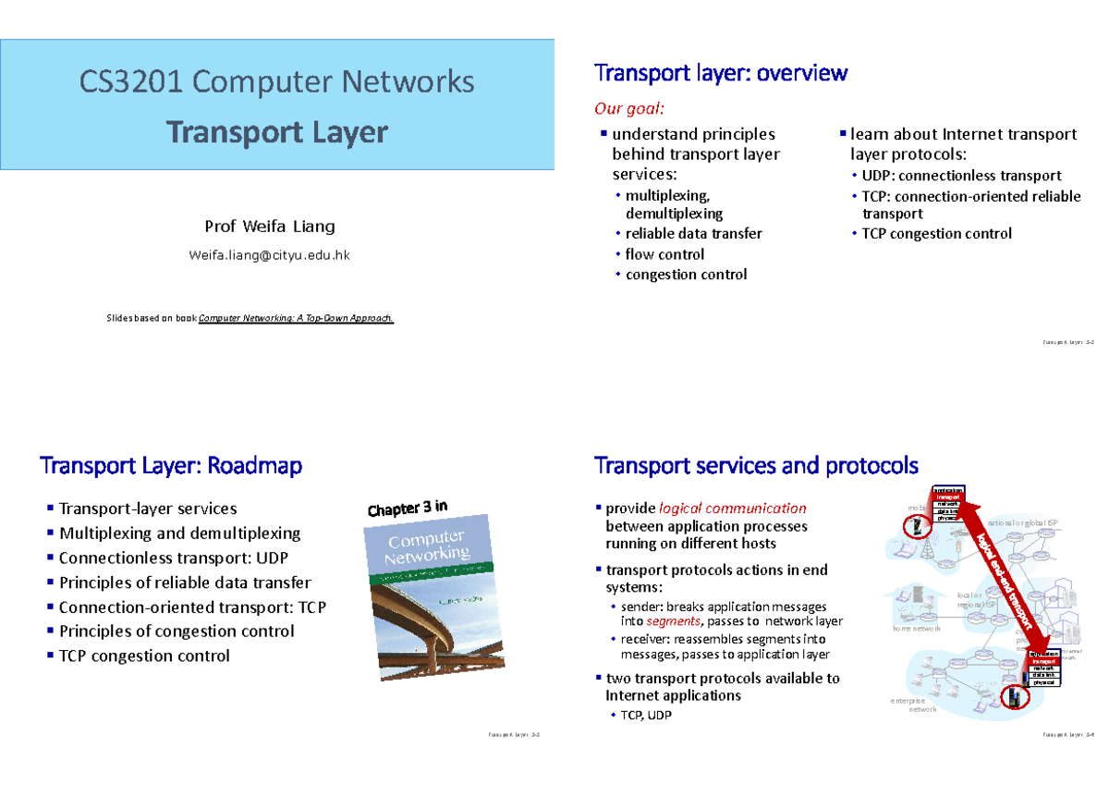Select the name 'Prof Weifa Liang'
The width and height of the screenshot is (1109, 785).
click(x=269, y=227)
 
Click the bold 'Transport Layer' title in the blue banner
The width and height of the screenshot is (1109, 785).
click(x=276, y=132)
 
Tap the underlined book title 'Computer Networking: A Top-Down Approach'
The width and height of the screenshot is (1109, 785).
click(x=302, y=318)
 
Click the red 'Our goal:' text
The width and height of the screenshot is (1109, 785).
click(x=628, y=109)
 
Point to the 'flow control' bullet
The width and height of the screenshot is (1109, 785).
click(x=664, y=254)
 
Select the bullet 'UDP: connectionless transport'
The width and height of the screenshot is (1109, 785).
click(x=961, y=176)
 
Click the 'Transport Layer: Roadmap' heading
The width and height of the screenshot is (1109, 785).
click(x=171, y=466)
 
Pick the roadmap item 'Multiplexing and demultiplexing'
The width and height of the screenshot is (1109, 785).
click(x=179, y=534)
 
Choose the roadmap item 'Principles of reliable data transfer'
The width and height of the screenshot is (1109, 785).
click(x=184, y=583)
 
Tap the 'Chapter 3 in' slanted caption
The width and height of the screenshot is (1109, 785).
click(x=408, y=509)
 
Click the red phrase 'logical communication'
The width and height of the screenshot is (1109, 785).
click(x=732, y=509)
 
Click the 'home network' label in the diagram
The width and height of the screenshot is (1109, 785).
click(x=916, y=629)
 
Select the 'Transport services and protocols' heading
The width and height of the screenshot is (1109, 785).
click(x=756, y=465)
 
